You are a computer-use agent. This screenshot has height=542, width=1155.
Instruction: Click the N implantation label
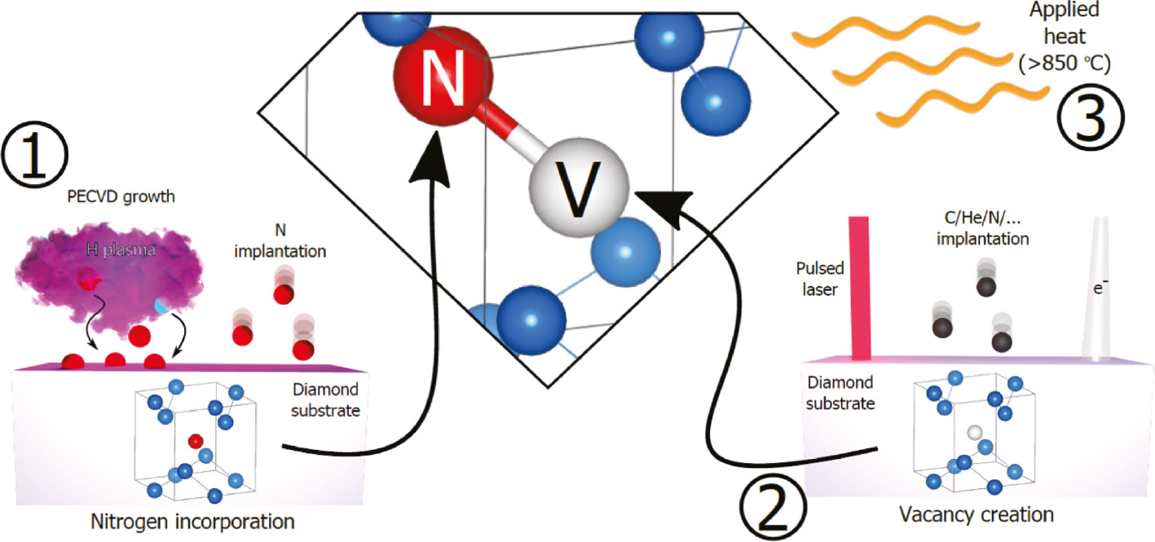click(281, 240)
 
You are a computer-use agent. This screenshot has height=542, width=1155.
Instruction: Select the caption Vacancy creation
click(976, 514)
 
